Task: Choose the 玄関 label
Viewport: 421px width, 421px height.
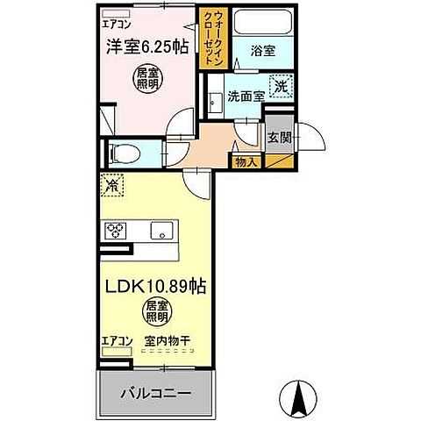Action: pyautogui.click(x=279, y=136)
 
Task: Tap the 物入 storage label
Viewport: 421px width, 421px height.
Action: pyautogui.click(x=244, y=161)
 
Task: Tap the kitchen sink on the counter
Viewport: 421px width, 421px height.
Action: pyautogui.click(x=161, y=232)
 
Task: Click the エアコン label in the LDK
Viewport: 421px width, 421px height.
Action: pyautogui.click(x=116, y=339)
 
